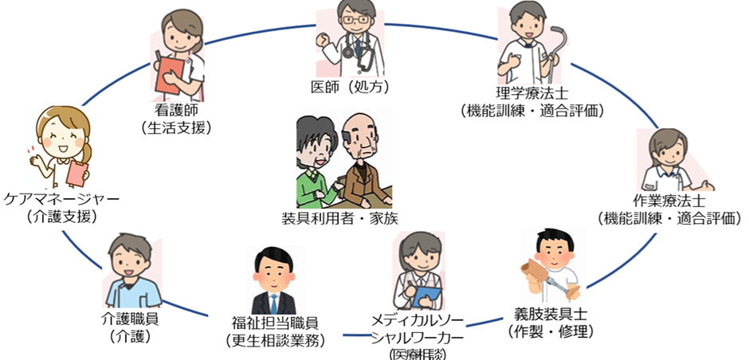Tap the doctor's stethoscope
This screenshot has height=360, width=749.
(363, 56)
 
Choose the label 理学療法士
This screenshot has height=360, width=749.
(532, 94)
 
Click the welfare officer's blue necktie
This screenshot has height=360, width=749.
(273, 303)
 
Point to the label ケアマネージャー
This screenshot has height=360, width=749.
(61, 198)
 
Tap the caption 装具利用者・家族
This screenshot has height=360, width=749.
(340, 217)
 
